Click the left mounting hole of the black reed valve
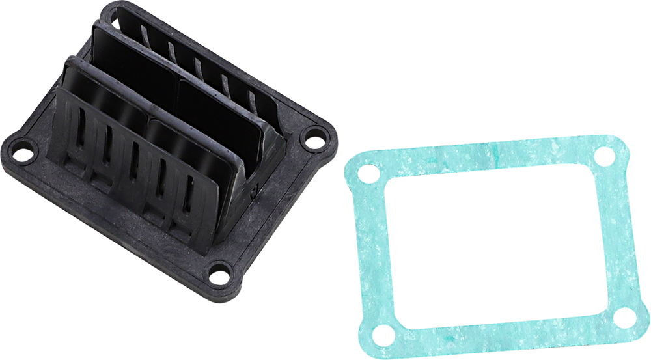pyautogui.click(x=22, y=155)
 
